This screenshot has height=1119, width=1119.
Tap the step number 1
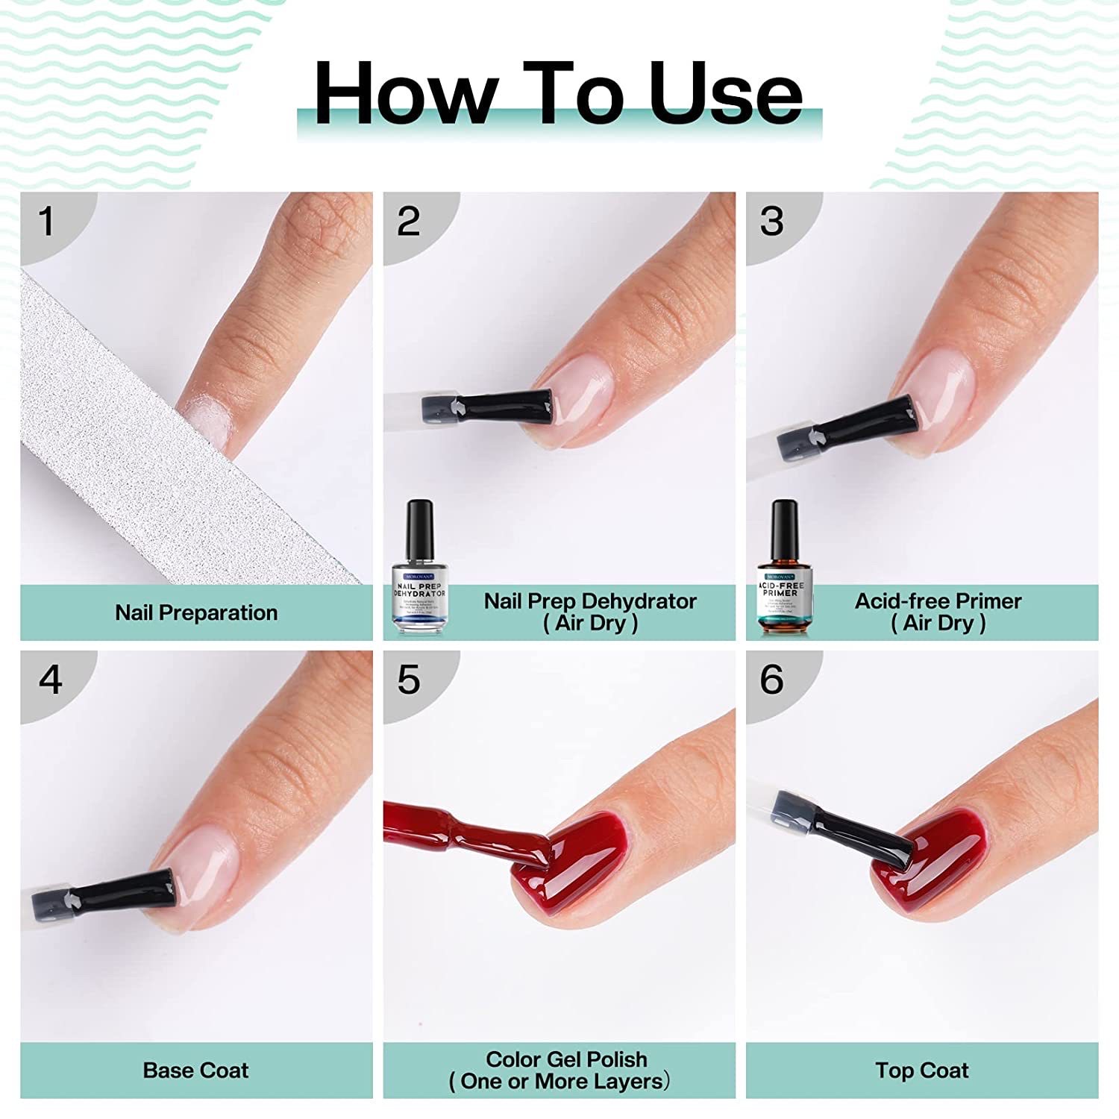pos(46,222)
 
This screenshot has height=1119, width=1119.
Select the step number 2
pos(409,222)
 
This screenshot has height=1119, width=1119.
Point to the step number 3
pos(771,222)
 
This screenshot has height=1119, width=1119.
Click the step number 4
pos(50,680)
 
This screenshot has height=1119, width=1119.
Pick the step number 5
pos(409,680)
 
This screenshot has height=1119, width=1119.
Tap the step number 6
pos(771,680)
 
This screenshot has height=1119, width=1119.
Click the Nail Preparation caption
pos(196,612)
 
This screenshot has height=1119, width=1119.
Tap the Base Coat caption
pos(195,1071)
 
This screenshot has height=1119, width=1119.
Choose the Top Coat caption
pos(922,1071)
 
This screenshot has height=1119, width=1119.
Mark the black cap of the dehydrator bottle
pos(420,526)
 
